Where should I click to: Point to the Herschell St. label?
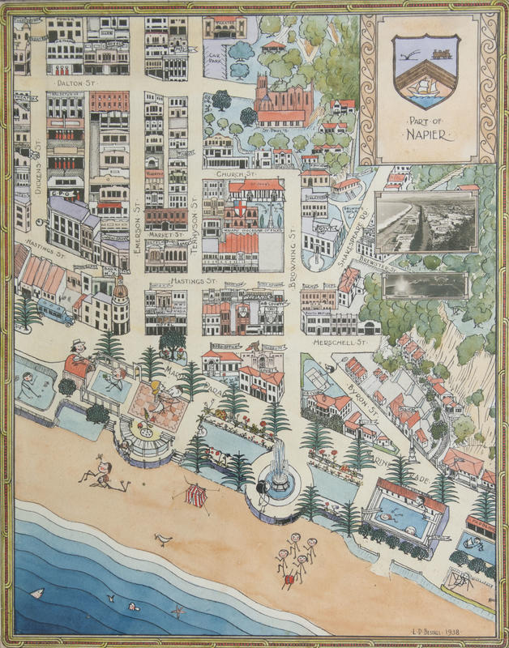[x=341, y=343]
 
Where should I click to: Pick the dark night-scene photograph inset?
[x=424, y=285]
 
